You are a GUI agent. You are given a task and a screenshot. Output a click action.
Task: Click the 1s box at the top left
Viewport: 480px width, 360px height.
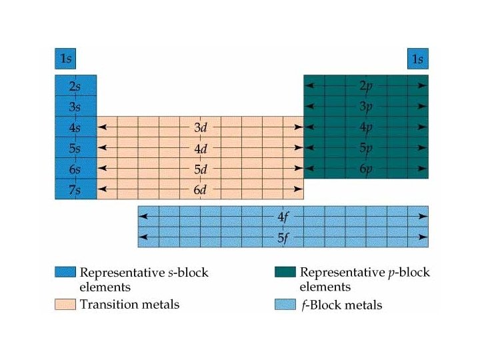pos(65,59)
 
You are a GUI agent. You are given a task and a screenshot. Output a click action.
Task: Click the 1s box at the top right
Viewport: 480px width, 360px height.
pos(417,59)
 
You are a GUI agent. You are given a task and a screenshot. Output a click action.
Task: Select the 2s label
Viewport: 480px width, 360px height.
pos(75,86)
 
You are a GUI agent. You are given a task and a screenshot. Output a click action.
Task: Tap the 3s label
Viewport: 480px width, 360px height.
pos(75,106)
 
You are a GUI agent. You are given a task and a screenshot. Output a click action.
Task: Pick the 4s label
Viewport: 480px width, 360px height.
pos(75,127)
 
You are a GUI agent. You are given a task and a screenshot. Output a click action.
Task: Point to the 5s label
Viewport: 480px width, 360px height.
pos(75,147)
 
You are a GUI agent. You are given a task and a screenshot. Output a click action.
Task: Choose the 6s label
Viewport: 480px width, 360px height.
pos(75,169)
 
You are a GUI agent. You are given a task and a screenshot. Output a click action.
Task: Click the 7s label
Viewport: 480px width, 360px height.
pos(75,190)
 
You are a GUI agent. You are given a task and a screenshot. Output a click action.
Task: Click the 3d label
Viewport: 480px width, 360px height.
pos(201,127)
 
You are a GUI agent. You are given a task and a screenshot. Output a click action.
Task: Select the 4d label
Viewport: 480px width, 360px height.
pos(201,147)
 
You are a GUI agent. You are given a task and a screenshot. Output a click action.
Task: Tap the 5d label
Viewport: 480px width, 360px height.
pos(201,169)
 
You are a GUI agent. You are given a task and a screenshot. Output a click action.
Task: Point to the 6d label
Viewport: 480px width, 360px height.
pos(201,190)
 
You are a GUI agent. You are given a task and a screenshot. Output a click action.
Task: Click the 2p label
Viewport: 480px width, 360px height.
pos(366,86)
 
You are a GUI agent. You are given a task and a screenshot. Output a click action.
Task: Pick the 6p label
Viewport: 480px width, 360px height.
pos(366,169)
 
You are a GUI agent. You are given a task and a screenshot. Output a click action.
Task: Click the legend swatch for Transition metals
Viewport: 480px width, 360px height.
pos(65,305)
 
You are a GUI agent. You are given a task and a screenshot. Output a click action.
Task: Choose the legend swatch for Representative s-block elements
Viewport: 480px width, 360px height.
pos(65,273)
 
